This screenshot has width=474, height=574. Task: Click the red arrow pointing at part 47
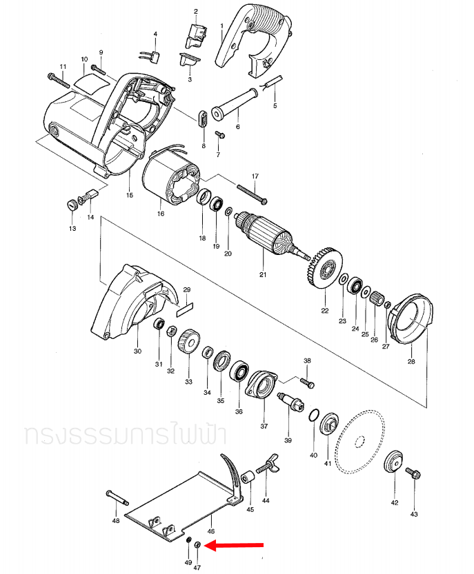click(234, 545)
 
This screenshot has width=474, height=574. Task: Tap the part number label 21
click(263, 274)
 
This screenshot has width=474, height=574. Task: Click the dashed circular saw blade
click(360, 442)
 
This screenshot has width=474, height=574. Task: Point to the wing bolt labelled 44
click(267, 464)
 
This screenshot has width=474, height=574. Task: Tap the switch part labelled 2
click(197, 36)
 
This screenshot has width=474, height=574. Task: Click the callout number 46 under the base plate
click(211, 531)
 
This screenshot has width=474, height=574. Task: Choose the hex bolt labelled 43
click(413, 473)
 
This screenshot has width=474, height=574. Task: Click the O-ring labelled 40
click(314, 416)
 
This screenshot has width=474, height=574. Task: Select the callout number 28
click(411, 361)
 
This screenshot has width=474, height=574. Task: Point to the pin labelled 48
click(117, 497)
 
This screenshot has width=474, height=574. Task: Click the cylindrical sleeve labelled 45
click(248, 478)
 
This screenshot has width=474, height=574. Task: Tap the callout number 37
click(264, 426)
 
